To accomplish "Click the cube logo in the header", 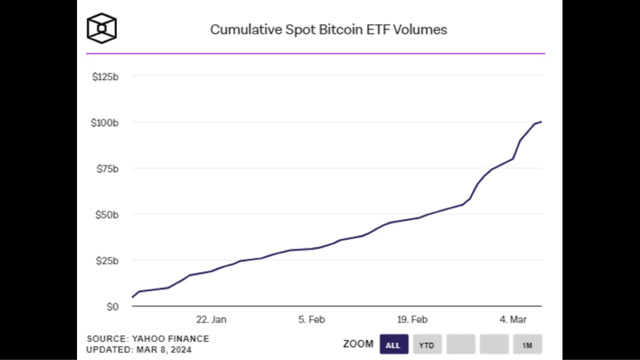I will [102, 28].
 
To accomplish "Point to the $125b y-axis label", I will [105, 77].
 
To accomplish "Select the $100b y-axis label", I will [105, 123].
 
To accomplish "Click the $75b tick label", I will [107, 169].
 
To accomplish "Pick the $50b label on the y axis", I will [107, 215].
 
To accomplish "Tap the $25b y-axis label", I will [107, 261].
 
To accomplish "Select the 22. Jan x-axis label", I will [211, 320].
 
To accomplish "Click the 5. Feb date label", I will [311, 320].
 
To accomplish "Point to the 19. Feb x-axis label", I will [412, 320].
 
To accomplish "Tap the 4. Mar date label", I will [513, 320].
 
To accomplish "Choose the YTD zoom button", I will [427, 345].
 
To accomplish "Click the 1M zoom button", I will [527, 345].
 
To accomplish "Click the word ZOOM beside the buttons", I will [358, 344].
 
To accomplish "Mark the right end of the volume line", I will [541, 122].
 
